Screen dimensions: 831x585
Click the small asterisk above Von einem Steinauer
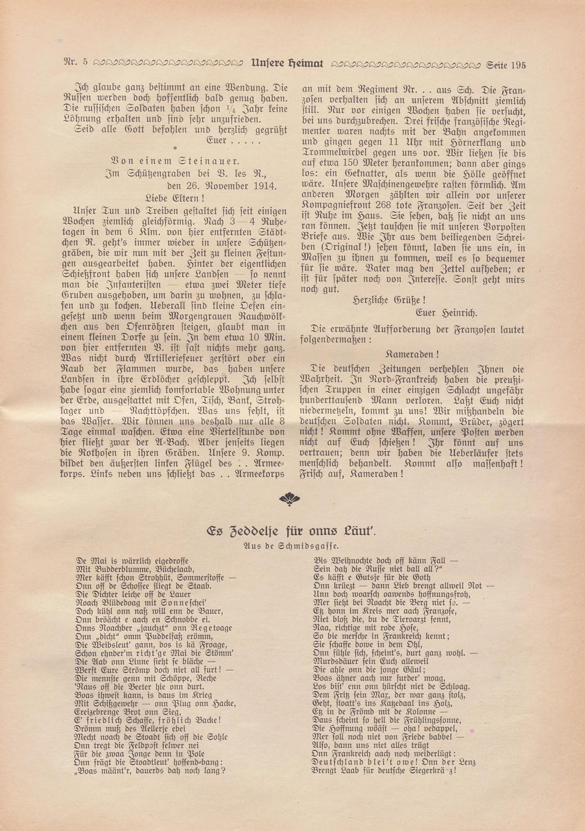[174, 148]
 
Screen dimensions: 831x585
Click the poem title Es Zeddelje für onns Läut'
[291, 531]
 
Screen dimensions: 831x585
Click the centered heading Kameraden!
[412, 355]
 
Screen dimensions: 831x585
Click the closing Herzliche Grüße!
[397, 300]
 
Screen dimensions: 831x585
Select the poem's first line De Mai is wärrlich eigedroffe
[132, 560]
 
